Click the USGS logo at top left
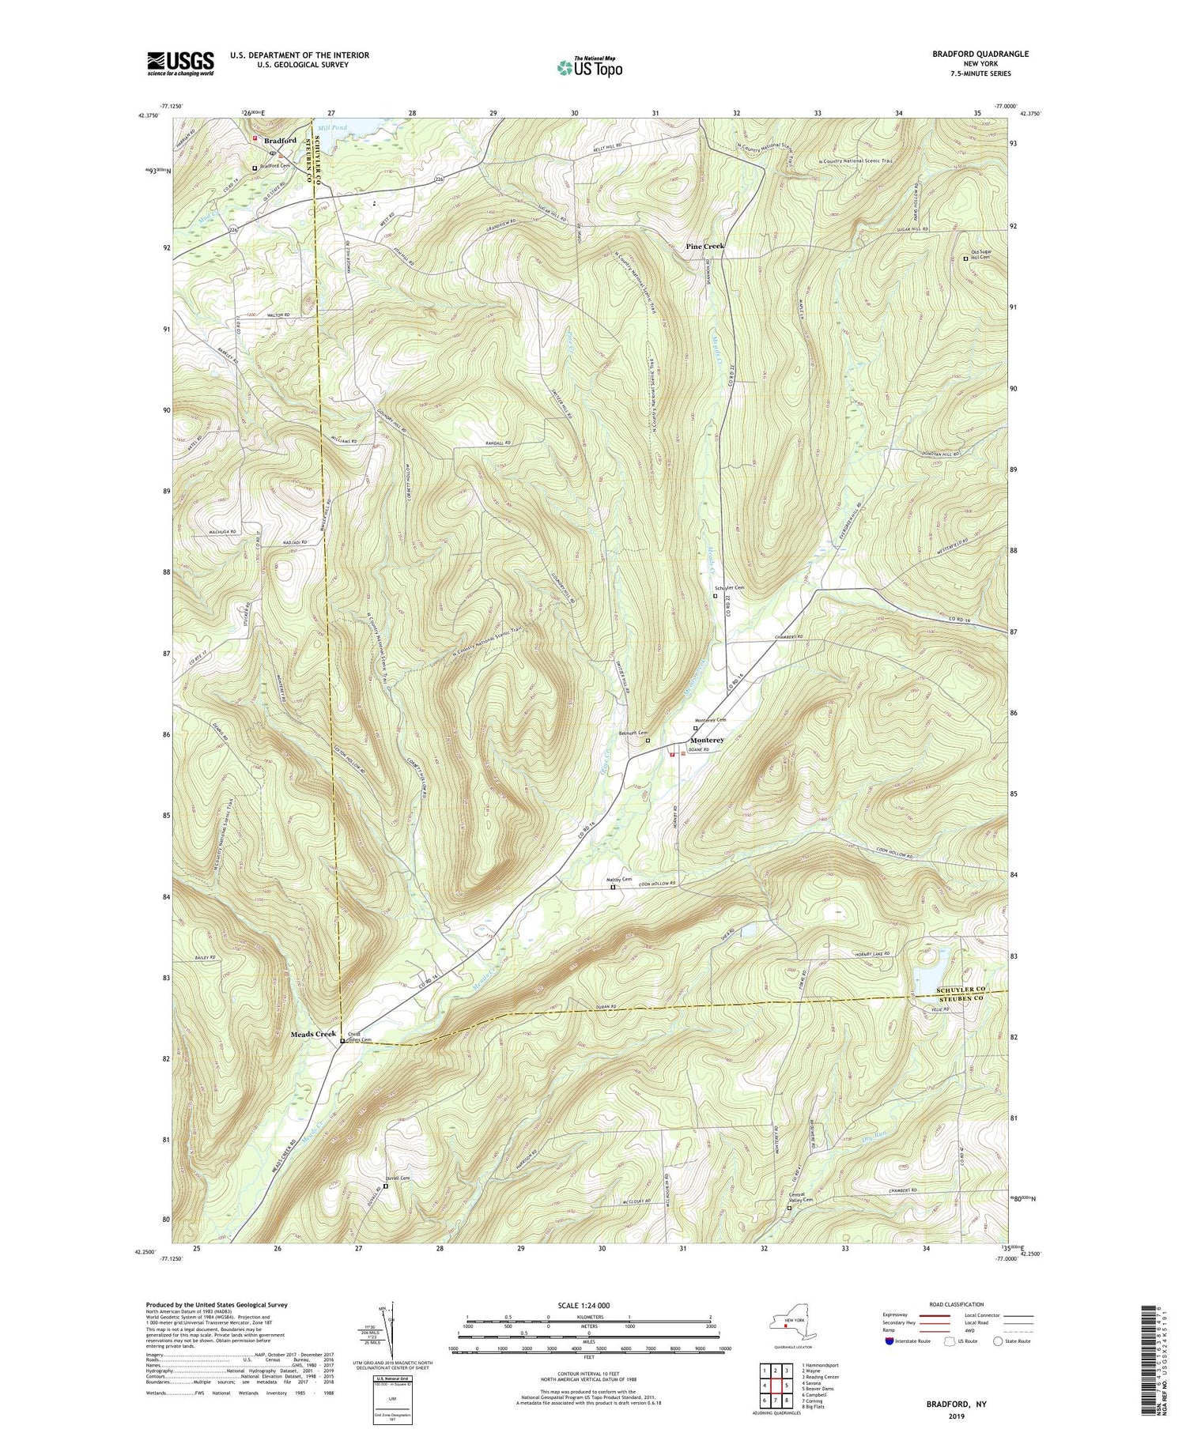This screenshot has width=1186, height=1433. (x=180, y=63)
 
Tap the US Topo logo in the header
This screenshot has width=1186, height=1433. (x=589, y=67)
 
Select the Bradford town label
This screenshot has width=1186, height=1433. (x=280, y=141)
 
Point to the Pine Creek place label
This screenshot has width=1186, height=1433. (x=704, y=247)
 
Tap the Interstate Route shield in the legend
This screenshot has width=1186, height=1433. (x=889, y=1341)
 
